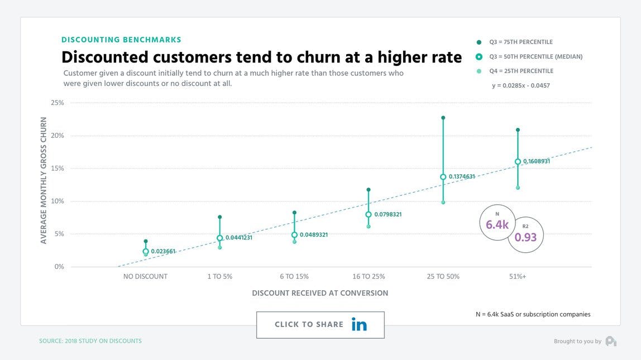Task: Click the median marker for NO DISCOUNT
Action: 146,252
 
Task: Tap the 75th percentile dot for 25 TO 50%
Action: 443,118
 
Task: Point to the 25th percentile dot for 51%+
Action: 518,188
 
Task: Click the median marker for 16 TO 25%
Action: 369,214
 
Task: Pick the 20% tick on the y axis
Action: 58,136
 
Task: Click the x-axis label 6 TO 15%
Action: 294,276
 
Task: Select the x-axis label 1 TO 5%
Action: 220,276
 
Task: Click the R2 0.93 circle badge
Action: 525,235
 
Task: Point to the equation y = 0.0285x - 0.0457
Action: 522,85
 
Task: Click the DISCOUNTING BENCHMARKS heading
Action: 121,40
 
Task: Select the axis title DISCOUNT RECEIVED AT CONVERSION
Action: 320,293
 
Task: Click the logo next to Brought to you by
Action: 611,341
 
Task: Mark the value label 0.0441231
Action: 239,238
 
